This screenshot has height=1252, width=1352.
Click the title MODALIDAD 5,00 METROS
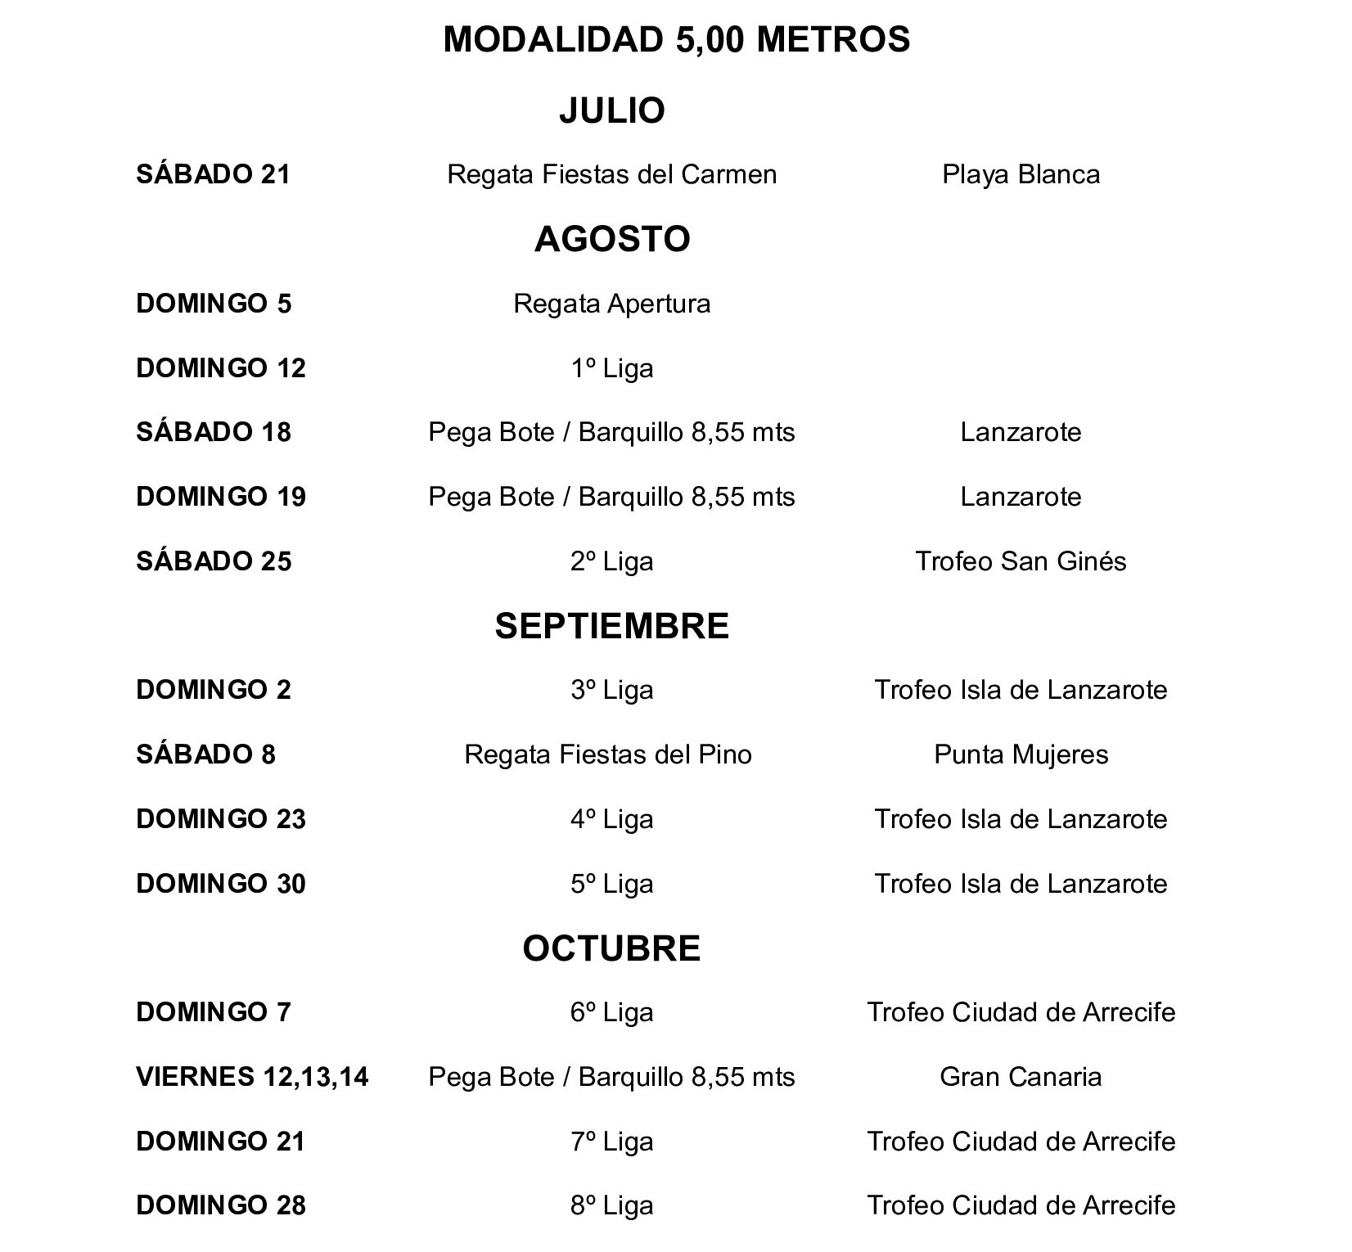676,39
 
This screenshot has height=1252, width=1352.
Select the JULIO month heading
612,110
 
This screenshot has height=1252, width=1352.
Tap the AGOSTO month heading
612,239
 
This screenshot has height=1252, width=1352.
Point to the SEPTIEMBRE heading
612,626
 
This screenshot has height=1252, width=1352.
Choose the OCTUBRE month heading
612,948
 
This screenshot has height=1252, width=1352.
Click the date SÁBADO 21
214,174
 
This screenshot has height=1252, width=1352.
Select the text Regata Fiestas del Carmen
612,174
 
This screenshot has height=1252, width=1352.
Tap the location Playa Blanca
1021,174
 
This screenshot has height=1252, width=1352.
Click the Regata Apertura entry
612,304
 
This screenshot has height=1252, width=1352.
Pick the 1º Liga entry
612,368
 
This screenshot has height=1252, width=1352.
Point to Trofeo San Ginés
1021,561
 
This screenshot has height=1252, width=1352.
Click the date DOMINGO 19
221,497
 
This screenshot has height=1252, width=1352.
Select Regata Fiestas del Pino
608,754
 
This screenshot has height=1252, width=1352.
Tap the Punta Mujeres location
1021,754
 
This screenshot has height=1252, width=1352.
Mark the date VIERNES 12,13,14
252,1077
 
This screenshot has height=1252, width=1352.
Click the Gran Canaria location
1021,1077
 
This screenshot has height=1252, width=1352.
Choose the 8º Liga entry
612,1205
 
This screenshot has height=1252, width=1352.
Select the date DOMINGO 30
221,884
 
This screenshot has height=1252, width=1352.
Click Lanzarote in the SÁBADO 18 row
1021,432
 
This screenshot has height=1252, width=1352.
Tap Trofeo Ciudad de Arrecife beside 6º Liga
1021,1012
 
